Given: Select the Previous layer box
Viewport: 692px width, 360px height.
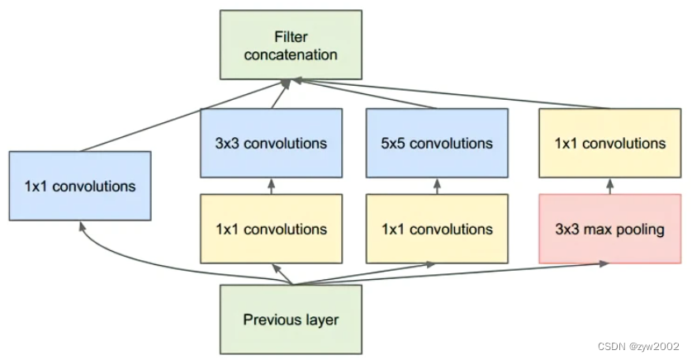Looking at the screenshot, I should pyautogui.click(x=291, y=319).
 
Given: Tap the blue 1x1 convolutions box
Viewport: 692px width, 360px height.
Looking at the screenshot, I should pyautogui.click(x=80, y=186).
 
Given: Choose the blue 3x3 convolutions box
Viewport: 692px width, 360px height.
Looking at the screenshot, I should pyautogui.click(x=272, y=144).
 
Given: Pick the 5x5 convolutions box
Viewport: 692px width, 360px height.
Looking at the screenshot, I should pyautogui.click(x=437, y=144).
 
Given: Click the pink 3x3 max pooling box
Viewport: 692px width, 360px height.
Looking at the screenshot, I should pyautogui.click(x=610, y=229).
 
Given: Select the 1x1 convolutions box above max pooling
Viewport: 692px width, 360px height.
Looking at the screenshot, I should pyautogui.click(x=610, y=144).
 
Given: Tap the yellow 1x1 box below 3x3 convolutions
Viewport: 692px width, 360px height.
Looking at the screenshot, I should pyautogui.click(x=272, y=229).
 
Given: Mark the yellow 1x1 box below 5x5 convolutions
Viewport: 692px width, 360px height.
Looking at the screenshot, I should pyautogui.click(x=437, y=229).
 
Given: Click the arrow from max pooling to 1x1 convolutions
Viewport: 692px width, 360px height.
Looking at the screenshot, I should pyautogui.click(x=610, y=187).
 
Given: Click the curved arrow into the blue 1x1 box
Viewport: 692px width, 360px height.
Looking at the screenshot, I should pyautogui.click(x=124, y=256).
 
